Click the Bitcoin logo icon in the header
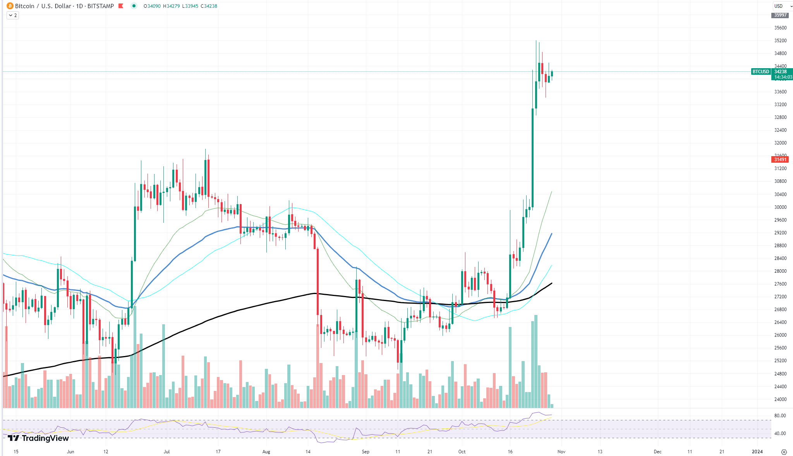tap(10, 6)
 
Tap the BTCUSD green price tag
tap(760, 72)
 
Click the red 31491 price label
tap(780, 160)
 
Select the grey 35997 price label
tap(780, 15)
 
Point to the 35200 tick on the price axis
tap(780, 41)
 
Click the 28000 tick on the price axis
tap(780, 271)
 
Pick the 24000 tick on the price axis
tap(780, 399)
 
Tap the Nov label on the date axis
tap(561, 452)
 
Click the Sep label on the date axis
tap(366, 452)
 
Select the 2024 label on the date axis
tap(757, 452)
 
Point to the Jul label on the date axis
tap(166, 452)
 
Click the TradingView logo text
tap(38, 438)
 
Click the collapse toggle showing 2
tap(12, 15)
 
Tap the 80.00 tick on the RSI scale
tap(780, 416)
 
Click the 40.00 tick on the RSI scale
tap(780, 434)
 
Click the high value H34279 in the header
tap(171, 6)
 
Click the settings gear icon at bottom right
tap(784, 452)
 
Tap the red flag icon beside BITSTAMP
tap(121, 6)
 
